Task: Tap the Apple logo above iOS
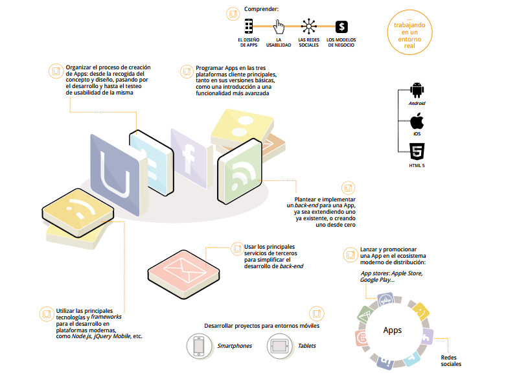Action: pyautogui.click(x=417, y=121)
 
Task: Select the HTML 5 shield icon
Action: pyautogui.click(x=417, y=152)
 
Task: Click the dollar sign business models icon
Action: pyautogui.click(x=341, y=27)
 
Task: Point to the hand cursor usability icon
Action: pyautogui.click(x=279, y=27)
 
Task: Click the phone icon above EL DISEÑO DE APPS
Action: pyautogui.click(x=248, y=27)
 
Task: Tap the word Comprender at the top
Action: pyautogui.click(x=262, y=9)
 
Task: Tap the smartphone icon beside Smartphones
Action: pyautogui.click(x=200, y=345)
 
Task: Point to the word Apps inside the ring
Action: pyautogui.click(x=392, y=330)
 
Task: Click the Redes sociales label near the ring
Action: pyautogui.click(x=451, y=360)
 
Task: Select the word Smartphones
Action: pyautogui.click(x=235, y=346)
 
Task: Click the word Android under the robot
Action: pyautogui.click(x=417, y=104)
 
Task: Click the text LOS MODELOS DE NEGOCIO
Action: pyautogui.click(x=341, y=43)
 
